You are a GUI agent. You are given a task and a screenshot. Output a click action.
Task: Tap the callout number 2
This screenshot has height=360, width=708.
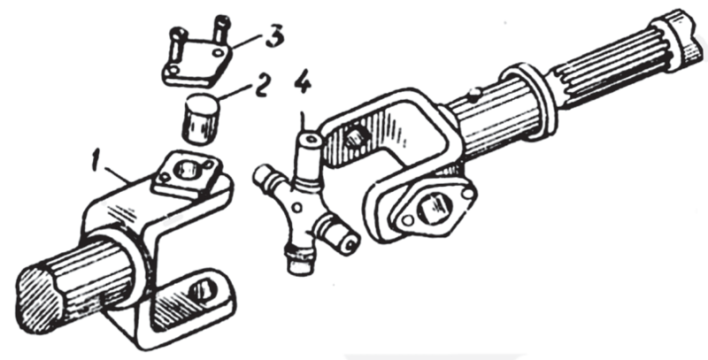click(262, 86)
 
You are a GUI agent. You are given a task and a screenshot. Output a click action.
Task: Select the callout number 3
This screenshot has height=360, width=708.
click(275, 36)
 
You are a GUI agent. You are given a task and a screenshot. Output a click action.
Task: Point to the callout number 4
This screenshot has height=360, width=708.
click(303, 83)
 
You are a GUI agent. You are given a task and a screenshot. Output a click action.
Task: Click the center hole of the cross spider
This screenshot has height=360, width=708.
click(296, 208)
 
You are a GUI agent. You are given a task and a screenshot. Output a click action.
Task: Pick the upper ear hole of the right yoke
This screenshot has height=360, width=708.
click(357, 136)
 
